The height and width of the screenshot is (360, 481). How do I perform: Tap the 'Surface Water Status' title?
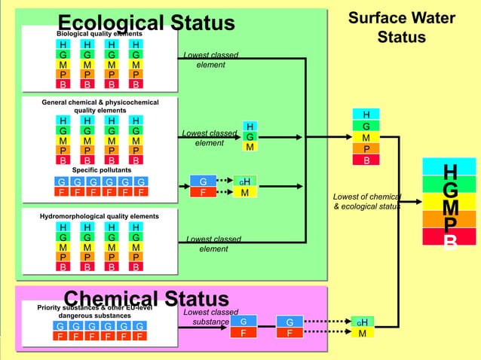pyautogui.click(x=401, y=27)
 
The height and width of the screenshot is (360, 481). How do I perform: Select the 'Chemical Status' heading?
pyautogui.click(x=146, y=299)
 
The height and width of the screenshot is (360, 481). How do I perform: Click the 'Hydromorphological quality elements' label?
pyautogui.click(x=100, y=216)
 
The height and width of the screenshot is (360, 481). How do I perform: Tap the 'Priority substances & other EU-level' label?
pyautogui.click(x=100, y=307)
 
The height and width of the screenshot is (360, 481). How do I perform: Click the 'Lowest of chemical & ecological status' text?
pyautogui.click(x=366, y=202)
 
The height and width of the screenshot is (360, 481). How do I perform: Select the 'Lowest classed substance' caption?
pyautogui.click(x=210, y=317)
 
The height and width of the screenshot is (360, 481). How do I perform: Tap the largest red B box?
pyautogui.click(x=449, y=239)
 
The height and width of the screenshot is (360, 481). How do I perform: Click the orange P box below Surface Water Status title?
pyautogui.click(x=366, y=148)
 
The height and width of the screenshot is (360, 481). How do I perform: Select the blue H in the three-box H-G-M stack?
pyautogui.click(x=249, y=126)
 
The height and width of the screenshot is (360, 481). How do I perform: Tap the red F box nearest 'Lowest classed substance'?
pyautogui.click(x=243, y=334)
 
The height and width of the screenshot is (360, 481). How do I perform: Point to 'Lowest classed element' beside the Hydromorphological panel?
pyautogui.click(x=213, y=244)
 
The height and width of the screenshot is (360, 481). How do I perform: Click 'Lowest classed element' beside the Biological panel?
pyautogui.click(x=210, y=59)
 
